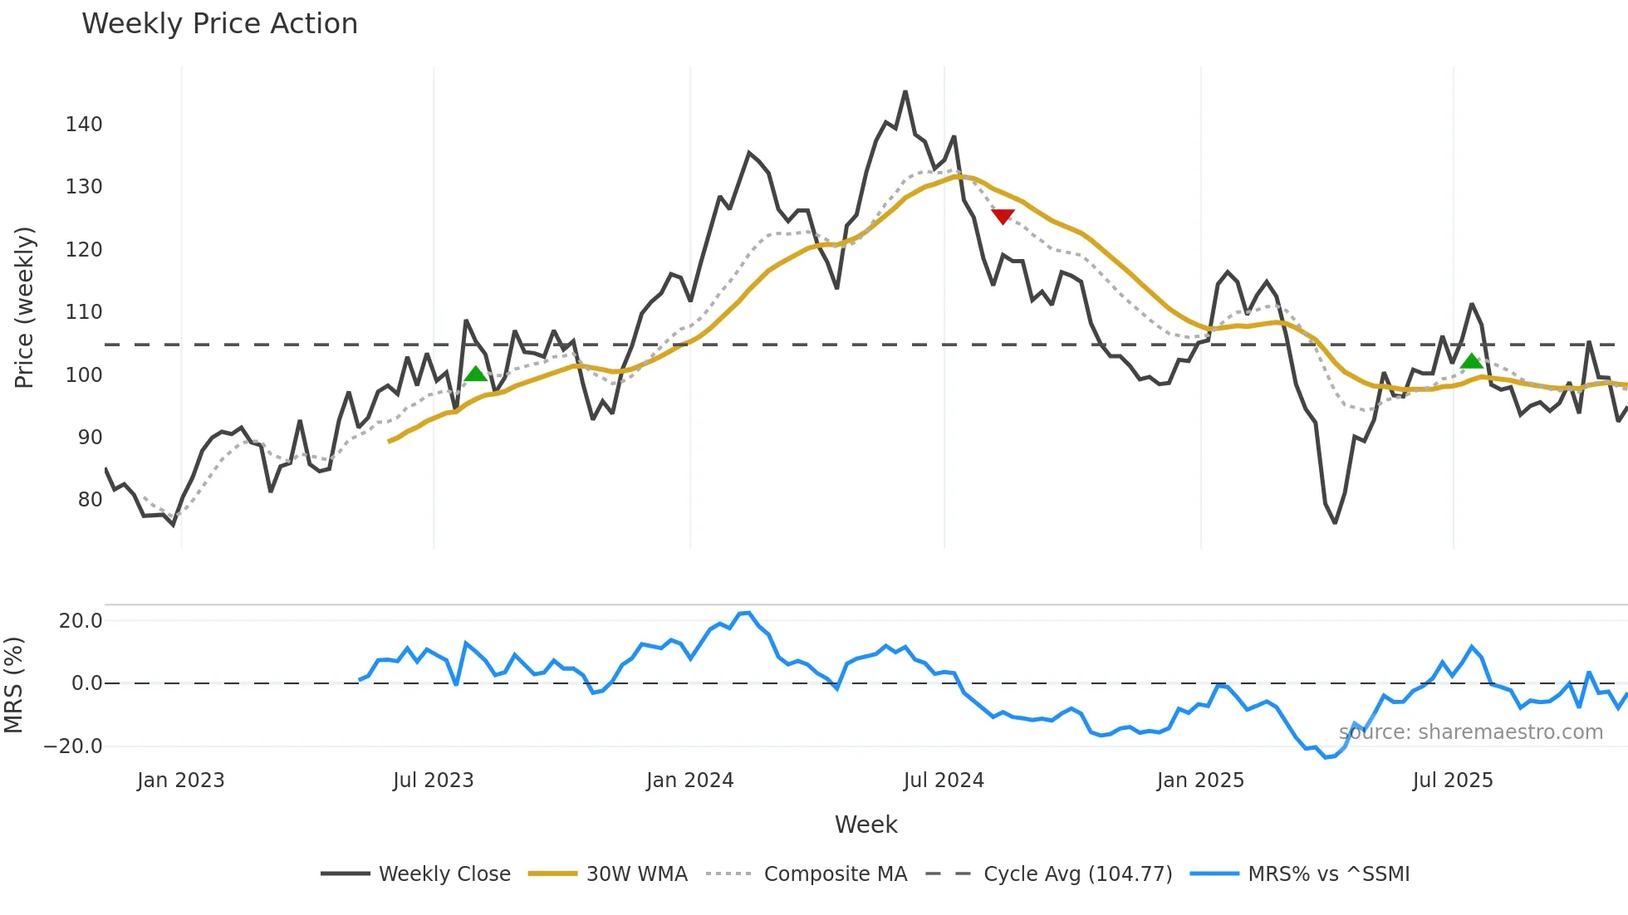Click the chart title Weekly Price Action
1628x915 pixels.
pyautogui.click(x=219, y=24)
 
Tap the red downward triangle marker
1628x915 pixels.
pyautogui.click(x=1003, y=216)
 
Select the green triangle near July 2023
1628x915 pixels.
pyautogui.click(x=476, y=374)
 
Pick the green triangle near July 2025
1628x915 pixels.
pyautogui.click(x=1472, y=360)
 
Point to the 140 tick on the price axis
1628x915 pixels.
pyautogui.click(x=84, y=125)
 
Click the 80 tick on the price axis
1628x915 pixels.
pyautogui.click(x=90, y=500)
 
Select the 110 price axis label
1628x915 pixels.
pyautogui.click(x=84, y=312)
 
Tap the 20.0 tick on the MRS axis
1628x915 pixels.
pyautogui.click(x=81, y=621)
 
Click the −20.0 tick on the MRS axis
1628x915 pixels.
pyautogui.click(x=73, y=746)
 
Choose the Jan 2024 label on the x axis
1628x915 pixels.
pyautogui.click(x=689, y=780)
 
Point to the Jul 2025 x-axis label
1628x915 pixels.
pyautogui.click(x=1453, y=780)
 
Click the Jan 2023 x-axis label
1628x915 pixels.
pyautogui.click(x=181, y=780)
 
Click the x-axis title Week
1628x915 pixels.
pyautogui.click(x=865, y=824)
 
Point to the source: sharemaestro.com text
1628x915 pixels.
pyautogui.click(x=1470, y=732)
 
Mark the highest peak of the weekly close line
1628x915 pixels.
pyautogui.click(x=905, y=92)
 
